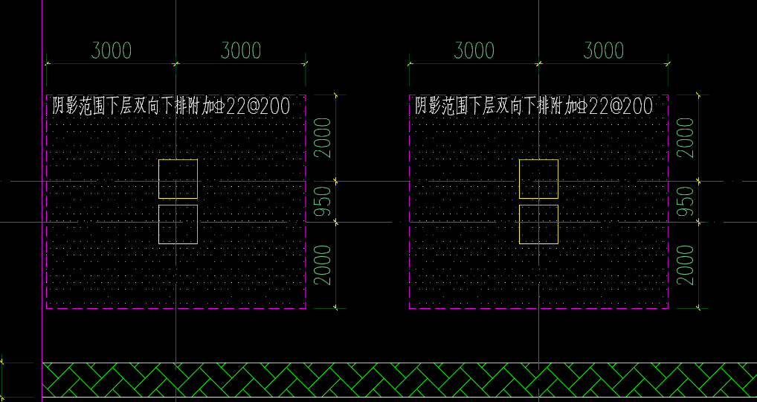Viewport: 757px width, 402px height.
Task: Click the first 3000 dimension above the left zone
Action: tap(112, 51)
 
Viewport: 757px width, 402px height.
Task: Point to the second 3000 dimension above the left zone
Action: tap(241, 51)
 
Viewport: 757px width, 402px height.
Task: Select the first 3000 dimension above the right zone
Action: tap(474, 51)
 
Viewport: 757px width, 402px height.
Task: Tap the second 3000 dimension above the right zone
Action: tap(604, 51)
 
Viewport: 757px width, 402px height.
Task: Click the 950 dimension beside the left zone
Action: tap(323, 202)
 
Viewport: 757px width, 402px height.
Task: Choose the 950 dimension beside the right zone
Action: tap(686, 202)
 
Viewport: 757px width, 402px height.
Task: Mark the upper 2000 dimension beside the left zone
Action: tap(323, 138)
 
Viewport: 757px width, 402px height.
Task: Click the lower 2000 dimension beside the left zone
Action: tap(323, 265)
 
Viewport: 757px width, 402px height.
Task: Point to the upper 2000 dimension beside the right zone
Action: tap(686, 138)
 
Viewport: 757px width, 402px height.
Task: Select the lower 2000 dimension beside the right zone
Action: tap(686, 265)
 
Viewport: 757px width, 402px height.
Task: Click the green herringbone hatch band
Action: tap(400, 380)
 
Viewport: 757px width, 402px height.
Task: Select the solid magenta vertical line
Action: tap(42, 201)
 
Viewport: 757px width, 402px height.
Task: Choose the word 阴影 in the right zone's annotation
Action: tap(428, 106)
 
